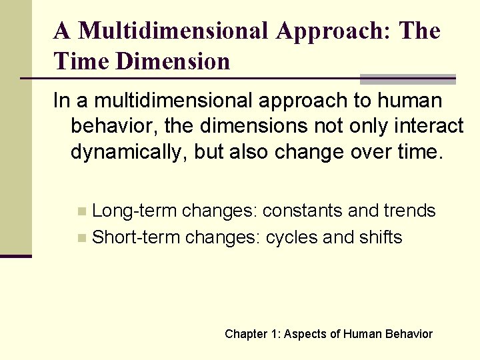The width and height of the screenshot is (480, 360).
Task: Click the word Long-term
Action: pyautogui.click(x=135, y=211)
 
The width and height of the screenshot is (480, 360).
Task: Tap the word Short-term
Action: pyautogui.click(x=137, y=237)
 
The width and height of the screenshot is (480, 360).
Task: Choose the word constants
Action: pyautogui.click(x=303, y=211)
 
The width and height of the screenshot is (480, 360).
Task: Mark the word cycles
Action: pyautogui.click(x=291, y=237)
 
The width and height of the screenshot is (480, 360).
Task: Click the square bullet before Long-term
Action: pyautogui.click(x=82, y=212)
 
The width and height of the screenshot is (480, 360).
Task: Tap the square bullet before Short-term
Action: pyautogui.click(x=82, y=237)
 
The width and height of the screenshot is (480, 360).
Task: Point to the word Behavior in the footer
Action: pyautogui.click(x=408, y=334)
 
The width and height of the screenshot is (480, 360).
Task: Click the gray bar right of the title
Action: pyautogui.click(x=407, y=79)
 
